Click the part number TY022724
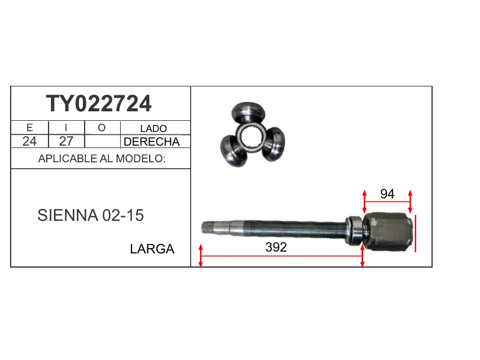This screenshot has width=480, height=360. pos(99,104)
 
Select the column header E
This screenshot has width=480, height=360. pos(30,128)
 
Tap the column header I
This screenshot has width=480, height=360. pos(66,128)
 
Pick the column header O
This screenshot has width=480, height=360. pos(102,128)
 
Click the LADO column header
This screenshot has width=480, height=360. pos(153,128)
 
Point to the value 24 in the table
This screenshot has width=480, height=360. pos(30,142)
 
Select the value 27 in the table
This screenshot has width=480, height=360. pos(66,142)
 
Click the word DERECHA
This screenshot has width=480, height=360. pos(152,142)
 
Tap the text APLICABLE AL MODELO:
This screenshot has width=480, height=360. pos(102,159)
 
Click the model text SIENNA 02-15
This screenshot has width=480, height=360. pos(91,215)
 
